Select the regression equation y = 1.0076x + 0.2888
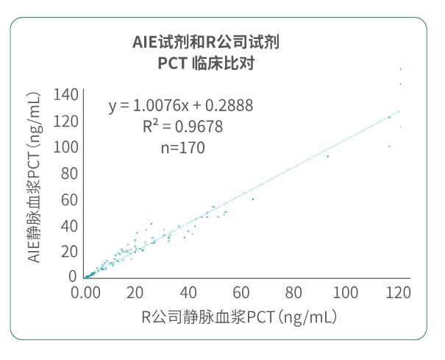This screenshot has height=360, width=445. [x=181, y=106]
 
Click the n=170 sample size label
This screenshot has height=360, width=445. [x=182, y=147]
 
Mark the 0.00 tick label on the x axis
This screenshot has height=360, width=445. [x=86, y=292]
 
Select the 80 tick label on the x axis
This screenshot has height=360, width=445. [x=295, y=292]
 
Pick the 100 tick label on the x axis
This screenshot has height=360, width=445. [x=346, y=292]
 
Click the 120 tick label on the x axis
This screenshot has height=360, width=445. [x=398, y=292]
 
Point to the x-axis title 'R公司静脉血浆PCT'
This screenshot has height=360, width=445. [x=239, y=317]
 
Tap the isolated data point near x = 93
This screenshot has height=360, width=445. [x=328, y=157]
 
